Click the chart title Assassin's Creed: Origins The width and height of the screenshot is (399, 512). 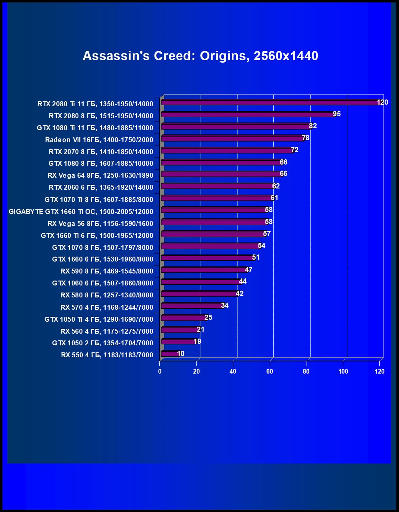click(200, 56)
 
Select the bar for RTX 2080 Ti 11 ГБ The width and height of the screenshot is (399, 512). click(270, 103)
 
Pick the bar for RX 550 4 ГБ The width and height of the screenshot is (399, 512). click(169, 354)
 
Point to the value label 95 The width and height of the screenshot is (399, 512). click(336, 114)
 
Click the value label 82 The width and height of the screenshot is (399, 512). click(313, 126)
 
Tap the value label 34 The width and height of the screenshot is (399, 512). click(225, 305)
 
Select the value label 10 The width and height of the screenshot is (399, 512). click(180, 354)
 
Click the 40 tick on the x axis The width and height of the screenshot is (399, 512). click(233, 371)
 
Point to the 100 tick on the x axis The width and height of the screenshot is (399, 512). click(343, 371)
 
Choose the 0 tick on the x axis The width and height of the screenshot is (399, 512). click(160, 371)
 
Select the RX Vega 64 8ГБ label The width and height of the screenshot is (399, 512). click(100, 175)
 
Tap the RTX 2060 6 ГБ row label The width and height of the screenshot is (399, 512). click(101, 187)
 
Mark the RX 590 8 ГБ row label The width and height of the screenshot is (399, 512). click(107, 271)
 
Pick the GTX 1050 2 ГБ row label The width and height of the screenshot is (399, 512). click(102, 343)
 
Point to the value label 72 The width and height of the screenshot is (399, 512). click(294, 150)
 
